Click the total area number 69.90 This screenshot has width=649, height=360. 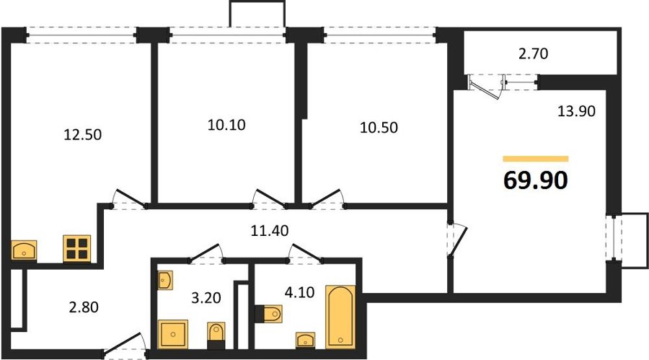point(535,180)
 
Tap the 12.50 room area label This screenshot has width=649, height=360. point(82,135)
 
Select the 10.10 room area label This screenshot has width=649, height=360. point(226,125)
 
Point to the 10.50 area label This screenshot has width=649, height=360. point(379,128)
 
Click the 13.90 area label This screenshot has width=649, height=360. point(577,111)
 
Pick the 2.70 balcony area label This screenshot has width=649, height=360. point(533,54)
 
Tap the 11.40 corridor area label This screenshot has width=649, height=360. point(270,230)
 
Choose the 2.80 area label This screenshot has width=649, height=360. point(84,307)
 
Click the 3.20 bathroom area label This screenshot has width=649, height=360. point(206,297)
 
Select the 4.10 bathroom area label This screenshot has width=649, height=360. point(299,292)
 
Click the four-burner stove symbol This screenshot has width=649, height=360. point(77,249)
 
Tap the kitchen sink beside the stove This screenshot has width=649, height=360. point(24,250)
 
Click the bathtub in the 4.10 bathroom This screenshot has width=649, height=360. point(340,317)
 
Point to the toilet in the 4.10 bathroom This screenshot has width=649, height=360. point(268,314)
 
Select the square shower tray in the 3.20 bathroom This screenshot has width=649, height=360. point(173,334)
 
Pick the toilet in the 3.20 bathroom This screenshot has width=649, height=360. point(216,335)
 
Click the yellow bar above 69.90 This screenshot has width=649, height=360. point(536,159)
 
